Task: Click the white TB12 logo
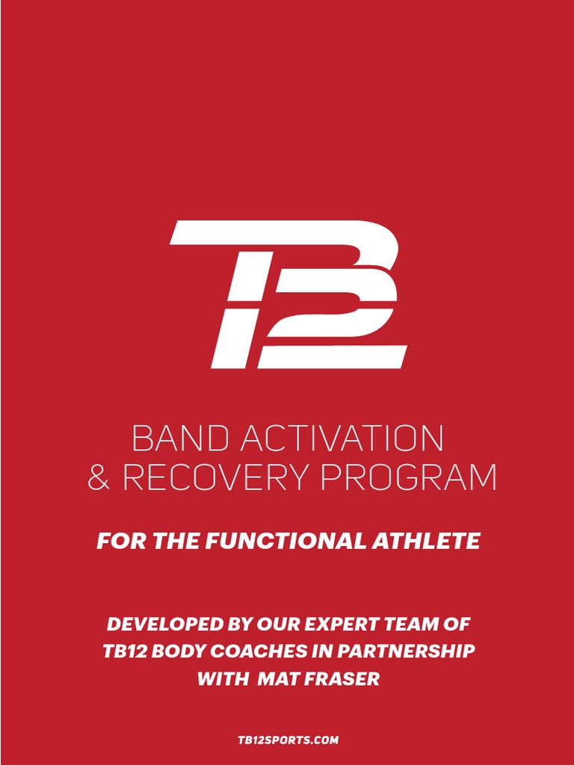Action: (288, 294)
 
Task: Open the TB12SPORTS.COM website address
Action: (288, 740)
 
